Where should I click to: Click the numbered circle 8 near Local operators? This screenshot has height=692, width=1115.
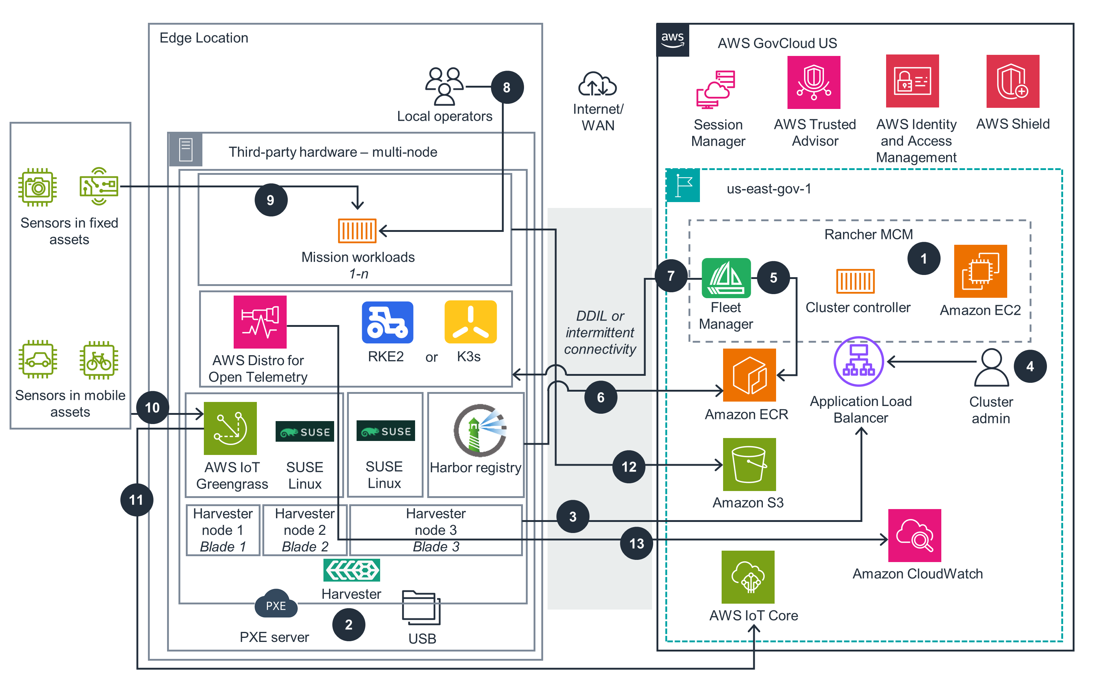tap(506, 87)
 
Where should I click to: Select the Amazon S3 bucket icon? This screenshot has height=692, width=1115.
tap(749, 464)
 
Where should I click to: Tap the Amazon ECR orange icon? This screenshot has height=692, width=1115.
tap(749, 374)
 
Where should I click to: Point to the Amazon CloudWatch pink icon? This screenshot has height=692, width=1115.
tap(914, 535)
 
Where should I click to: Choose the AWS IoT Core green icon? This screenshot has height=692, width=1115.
tap(748, 577)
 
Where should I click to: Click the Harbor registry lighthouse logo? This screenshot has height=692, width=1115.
tap(479, 430)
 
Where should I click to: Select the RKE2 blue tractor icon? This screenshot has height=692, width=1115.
tap(387, 322)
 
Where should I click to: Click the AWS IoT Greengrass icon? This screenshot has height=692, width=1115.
tap(230, 428)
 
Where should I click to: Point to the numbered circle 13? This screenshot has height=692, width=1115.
tap(636, 543)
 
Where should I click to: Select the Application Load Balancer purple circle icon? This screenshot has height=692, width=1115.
tap(858, 361)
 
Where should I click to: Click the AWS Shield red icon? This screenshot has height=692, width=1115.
tap(1012, 81)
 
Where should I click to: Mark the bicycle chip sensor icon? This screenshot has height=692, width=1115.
tap(99, 360)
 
